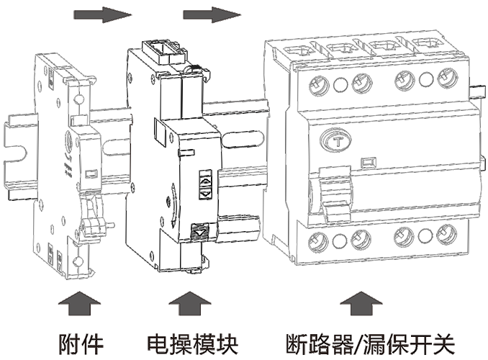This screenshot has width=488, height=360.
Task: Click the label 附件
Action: coord(81,344)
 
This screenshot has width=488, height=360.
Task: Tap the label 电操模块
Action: coord(192,344)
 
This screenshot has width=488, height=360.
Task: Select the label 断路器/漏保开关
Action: coord(371,344)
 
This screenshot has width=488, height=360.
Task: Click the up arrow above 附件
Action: coord(80,303)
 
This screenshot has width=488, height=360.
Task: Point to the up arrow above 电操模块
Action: coord(190,303)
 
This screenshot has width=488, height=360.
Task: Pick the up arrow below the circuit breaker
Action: coord(361,303)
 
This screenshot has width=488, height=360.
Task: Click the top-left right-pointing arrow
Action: coord(103,14)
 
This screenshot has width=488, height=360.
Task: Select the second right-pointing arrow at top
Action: coord(212,14)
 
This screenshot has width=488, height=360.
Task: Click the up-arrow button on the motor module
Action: coord(206,180)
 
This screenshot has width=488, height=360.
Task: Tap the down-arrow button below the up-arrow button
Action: coord(206,194)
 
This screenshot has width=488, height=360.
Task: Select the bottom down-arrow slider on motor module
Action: coord(200,232)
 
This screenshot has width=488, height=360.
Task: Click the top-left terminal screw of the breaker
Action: coord(320,85)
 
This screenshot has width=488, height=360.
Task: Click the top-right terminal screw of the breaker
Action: coord(448,78)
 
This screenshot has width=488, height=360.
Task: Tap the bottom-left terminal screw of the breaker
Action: coord(317,242)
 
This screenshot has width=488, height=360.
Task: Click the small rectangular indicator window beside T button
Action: coord(368,162)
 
